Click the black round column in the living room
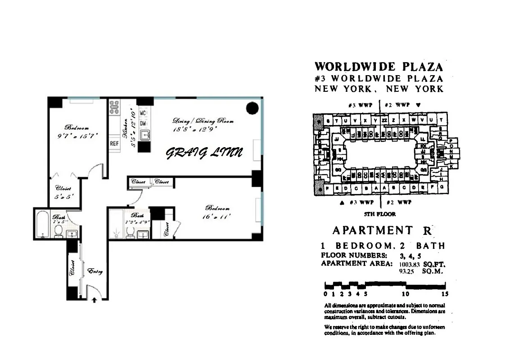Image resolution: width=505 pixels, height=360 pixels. point(252,108)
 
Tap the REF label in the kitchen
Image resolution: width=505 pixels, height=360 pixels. point(114,144)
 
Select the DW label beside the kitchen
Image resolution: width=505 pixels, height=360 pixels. point(143,123)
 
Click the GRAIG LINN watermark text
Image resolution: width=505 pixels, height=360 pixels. point(204,153)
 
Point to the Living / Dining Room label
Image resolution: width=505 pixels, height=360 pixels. point(203,121)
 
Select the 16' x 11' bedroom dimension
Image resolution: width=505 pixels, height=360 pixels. point(218,216)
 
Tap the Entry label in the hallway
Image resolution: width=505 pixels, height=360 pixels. point(95,271)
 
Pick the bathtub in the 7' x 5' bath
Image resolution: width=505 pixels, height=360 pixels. point(43,224)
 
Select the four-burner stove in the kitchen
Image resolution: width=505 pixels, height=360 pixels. point(114,107)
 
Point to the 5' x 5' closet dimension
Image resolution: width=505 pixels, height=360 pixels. point(61,197)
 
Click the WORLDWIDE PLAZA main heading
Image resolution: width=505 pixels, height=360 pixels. point(379,67)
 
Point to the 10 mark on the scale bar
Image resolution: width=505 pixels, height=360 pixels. point(406,294)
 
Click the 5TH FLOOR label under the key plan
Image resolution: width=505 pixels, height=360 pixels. point(380,215)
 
